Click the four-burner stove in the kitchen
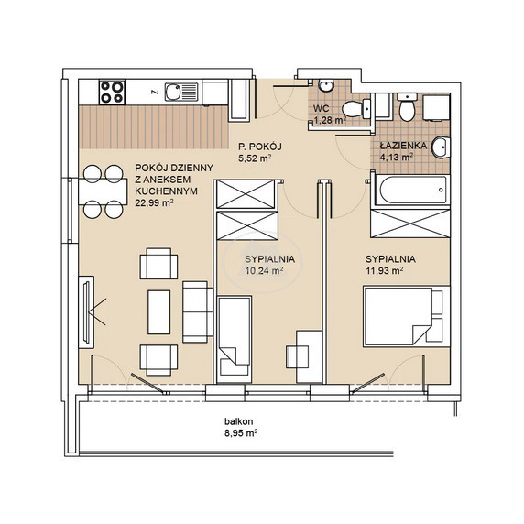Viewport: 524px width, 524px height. [112, 92]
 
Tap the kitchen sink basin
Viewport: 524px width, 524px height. [173, 92]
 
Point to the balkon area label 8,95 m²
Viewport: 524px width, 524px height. [241, 433]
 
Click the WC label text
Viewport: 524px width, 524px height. [322, 108]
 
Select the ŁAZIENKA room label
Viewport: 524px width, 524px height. [403, 146]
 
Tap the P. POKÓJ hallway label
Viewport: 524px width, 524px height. [260, 147]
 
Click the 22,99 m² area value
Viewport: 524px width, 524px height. [154, 202]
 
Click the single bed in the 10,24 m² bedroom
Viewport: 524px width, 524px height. [234, 339]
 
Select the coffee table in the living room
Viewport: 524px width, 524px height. [159, 311]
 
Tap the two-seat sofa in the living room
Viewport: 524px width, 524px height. [198, 311]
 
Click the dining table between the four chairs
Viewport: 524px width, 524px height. [103, 191]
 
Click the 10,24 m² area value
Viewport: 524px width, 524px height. [265, 270]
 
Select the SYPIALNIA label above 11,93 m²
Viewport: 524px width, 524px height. [390, 259]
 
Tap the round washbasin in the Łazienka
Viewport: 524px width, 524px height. [441, 147]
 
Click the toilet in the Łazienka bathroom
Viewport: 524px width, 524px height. [407, 107]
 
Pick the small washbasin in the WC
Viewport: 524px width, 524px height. [325, 85]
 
